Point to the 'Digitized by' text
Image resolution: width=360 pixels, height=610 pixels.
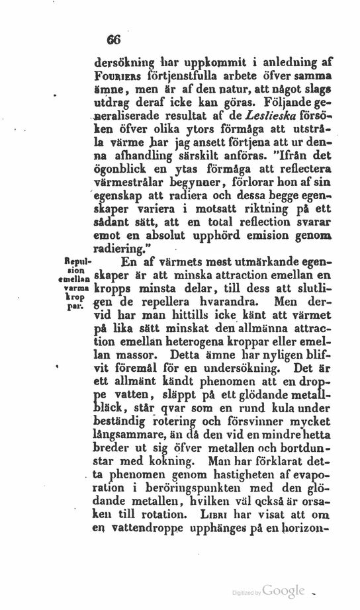click(247, 593)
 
